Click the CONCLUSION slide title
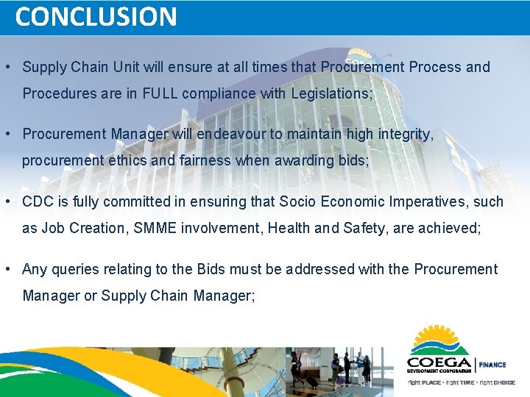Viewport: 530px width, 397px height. point(96,16)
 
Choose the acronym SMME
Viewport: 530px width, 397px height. point(160,228)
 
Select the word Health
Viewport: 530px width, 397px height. point(289,228)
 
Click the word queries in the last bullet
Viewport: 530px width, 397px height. point(74,269)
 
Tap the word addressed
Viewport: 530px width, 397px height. point(319,269)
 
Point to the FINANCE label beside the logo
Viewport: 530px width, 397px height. point(492,364)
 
